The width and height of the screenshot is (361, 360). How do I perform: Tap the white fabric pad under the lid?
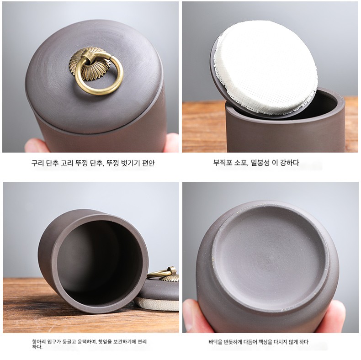pos(265,67)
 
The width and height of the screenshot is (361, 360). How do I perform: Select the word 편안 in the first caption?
pos(149,163)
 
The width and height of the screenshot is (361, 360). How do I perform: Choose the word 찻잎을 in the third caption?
pos(105,342)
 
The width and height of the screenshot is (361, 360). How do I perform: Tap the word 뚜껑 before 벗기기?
pos(112,163)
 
